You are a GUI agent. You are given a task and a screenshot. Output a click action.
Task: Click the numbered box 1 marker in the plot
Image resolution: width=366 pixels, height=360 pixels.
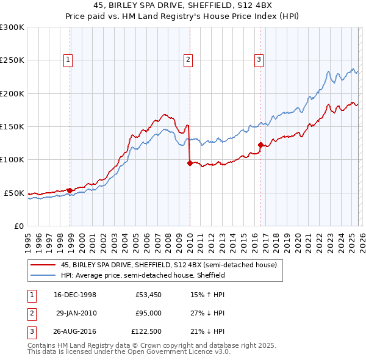click(x=67, y=59)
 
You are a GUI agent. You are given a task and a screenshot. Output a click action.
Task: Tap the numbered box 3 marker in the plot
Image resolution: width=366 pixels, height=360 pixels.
click(x=259, y=59)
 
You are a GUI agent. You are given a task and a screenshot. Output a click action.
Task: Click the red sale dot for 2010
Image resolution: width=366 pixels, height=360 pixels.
click(x=190, y=163)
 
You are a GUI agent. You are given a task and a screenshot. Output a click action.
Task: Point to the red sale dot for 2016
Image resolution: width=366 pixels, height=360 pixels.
click(x=260, y=145)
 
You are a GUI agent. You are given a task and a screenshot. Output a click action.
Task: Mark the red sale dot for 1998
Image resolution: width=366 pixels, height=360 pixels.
click(x=70, y=190)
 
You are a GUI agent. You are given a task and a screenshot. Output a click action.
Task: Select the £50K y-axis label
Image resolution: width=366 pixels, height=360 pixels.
click(x=14, y=193)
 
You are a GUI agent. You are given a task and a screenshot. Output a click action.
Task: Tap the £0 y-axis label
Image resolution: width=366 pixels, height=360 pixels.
click(x=18, y=226)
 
